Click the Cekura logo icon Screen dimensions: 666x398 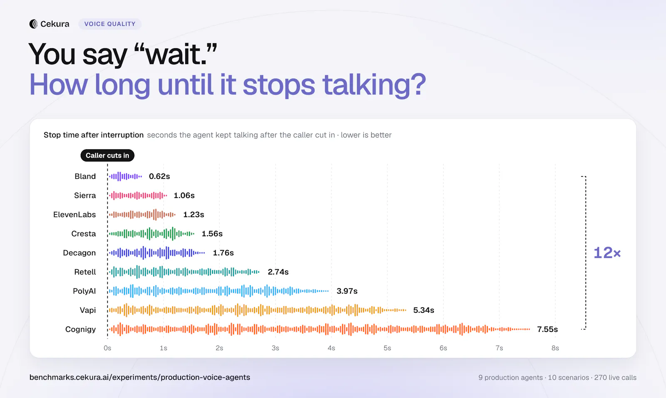[x=33, y=24]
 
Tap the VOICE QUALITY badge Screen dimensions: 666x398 [x=110, y=24]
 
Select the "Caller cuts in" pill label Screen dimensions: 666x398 [x=107, y=156]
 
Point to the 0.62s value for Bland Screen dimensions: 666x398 [x=159, y=176]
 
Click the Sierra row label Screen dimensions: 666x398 [x=85, y=195]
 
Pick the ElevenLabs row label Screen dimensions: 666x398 [x=75, y=215]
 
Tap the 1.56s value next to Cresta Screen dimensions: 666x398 [x=212, y=233]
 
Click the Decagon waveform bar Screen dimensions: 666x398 [x=157, y=253]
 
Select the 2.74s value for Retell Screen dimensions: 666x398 [x=278, y=272]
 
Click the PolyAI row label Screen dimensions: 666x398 [x=84, y=291]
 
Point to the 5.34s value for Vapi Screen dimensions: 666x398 [x=423, y=310]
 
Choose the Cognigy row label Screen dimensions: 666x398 [x=80, y=329]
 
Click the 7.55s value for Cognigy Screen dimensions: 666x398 [x=547, y=329]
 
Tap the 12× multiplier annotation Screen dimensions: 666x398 [x=607, y=253]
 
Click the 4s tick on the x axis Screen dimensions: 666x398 [x=331, y=348]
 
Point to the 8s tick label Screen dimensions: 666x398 [x=555, y=348]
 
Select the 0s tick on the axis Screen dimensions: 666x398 [x=107, y=348]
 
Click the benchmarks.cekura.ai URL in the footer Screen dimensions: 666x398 [x=140, y=377]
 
